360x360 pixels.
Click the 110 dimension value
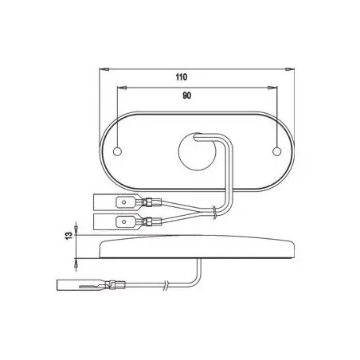(x=182, y=77)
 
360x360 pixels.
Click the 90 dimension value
(x=186, y=96)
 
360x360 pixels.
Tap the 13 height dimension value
(x=68, y=236)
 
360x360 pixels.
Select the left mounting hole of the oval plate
(x=117, y=151)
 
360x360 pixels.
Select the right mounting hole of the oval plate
(x=277, y=151)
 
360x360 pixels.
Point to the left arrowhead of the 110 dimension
(x=104, y=69)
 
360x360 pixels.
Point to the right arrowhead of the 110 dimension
(x=290, y=69)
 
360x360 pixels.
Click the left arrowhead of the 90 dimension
(x=121, y=88)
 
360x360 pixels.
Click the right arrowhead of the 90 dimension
(x=272, y=88)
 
